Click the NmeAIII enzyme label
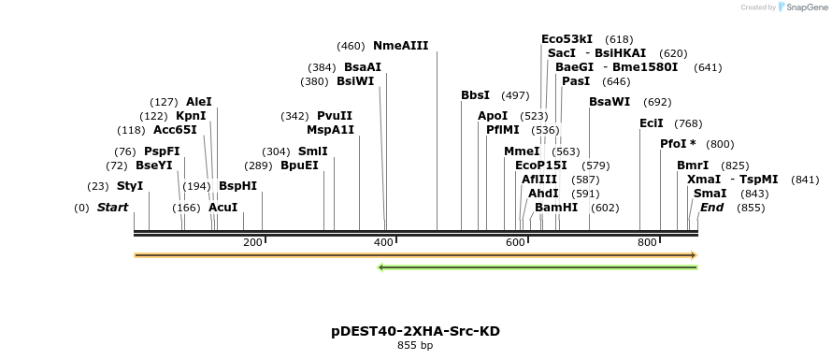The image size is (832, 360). tap(400, 46)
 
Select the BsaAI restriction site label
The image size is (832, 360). tap(363, 67)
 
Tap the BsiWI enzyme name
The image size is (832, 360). tap(355, 81)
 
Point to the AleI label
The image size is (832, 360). tap(199, 102)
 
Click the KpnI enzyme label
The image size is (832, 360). tap(191, 116)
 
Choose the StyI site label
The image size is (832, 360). tap(130, 186)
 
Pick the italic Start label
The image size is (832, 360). tap(113, 208)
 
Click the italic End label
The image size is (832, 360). tap(712, 208)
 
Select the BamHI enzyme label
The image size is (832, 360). tap(556, 208)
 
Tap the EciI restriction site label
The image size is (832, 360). tap(652, 123)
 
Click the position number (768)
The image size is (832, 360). tap(688, 123)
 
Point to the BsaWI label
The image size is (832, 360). tap(610, 102)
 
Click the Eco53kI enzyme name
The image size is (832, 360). tap(567, 39)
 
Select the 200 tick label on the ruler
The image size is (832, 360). tap(252, 243)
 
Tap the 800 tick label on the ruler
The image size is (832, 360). tap(647, 243)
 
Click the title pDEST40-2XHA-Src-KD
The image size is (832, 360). tap(415, 331)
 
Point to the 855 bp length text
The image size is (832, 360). tap(415, 346)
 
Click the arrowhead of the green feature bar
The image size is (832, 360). tap(381, 267)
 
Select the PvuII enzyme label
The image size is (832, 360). tap(335, 116)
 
